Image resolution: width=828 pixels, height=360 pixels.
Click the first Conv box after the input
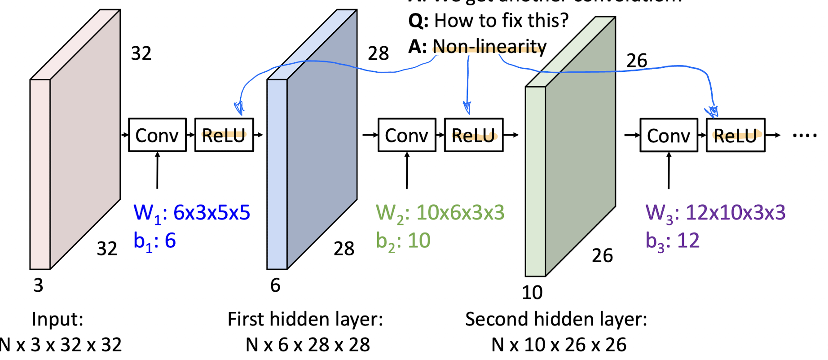pyautogui.click(x=157, y=135)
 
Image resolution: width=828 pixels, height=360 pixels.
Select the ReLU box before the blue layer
pyautogui.click(x=224, y=135)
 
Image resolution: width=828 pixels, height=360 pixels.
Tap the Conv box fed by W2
pyautogui.click(x=407, y=135)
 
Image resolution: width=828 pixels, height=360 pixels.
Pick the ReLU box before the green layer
pyautogui.click(x=474, y=135)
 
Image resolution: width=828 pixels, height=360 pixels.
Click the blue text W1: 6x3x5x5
pyautogui.click(x=192, y=213)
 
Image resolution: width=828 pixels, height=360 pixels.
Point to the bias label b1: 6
pyautogui.click(x=154, y=241)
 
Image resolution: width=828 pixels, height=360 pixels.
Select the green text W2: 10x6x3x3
pyautogui.click(x=440, y=213)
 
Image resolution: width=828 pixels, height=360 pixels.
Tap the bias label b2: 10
pyautogui.click(x=403, y=241)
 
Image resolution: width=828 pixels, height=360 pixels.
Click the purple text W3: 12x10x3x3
pyautogui.click(x=715, y=213)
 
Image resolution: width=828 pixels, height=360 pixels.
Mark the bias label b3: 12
pyautogui.click(x=672, y=241)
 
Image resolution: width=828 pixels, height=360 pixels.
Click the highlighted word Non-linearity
pyautogui.click(x=489, y=47)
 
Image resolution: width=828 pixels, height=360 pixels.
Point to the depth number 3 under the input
pyautogui.click(x=39, y=285)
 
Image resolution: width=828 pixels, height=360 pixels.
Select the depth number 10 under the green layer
pyautogui.click(x=532, y=293)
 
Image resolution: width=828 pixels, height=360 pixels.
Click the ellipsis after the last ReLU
pyautogui.click(x=805, y=135)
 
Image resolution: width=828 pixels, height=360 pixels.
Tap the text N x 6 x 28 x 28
pyautogui.click(x=308, y=345)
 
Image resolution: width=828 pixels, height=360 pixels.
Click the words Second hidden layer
pyautogui.click(x=556, y=319)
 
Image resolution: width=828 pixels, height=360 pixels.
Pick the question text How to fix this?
pyautogui.click(x=501, y=21)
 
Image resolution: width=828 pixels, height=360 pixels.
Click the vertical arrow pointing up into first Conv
pyautogui.click(x=157, y=171)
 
